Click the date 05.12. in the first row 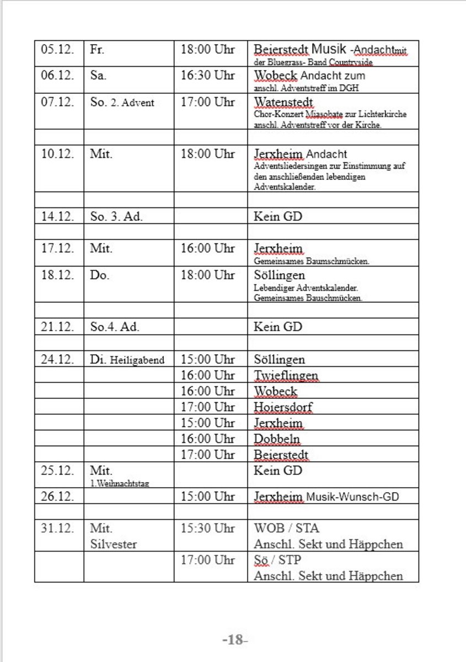click(57, 49)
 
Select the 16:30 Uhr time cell click(207, 76)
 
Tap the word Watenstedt click(283, 102)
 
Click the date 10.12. click(57, 154)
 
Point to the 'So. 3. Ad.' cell click(116, 216)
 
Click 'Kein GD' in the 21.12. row click(278, 327)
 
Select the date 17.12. click(57, 248)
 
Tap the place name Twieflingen click(286, 376)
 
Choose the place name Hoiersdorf click(283, 408)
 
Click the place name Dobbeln click(277, 439)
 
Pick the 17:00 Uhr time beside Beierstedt click(207, 455)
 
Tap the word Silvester click(113, 544)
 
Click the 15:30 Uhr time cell click(207, 528)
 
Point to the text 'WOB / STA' click(286, 528)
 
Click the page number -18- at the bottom click(235, 640)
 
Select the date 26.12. click(57, 496)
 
